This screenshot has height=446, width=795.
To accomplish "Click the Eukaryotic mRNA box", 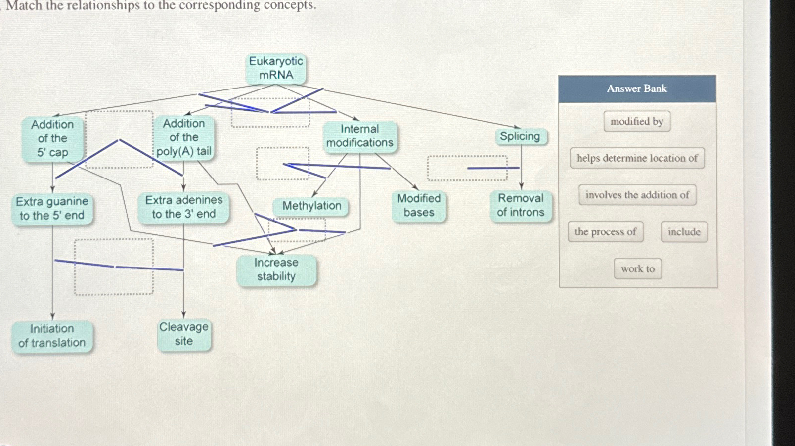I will [x=276, y=68].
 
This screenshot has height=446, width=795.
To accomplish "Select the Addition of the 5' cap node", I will [x=52, y=138].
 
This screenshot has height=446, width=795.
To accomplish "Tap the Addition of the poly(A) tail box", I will [x=184, y=137].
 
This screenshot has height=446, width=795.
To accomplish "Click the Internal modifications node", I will [x=359, y=136].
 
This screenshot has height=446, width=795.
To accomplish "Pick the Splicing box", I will [x=520, y=136].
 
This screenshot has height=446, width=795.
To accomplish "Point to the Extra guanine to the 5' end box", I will [x=52, y=209].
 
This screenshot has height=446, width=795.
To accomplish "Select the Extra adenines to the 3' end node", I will [x=183, y=207].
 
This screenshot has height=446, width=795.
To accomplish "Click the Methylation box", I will [x=311, y=206].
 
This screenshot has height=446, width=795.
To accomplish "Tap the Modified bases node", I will [x=419, y=206].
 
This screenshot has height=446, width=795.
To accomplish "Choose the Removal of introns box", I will [x=521, y=205].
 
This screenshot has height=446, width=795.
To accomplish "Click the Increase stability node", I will [x=276, y=269].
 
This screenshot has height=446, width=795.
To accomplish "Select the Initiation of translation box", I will [x=52, y=336].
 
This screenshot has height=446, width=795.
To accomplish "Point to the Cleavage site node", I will [x=184, y=334].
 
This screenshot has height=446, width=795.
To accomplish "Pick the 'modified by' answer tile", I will [x=637, y=121].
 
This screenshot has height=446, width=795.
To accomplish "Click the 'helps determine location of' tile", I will [x=637, y=158].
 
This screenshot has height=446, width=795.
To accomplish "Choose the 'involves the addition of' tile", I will [x=637, y=195].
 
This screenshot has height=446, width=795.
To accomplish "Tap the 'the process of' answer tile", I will [x=605, y=232].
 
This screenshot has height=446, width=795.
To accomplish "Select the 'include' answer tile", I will [x=684, y=232].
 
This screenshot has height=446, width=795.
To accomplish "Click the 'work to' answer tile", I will [x=638, y=269].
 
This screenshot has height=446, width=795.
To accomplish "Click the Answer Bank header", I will [x=637, y=89].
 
